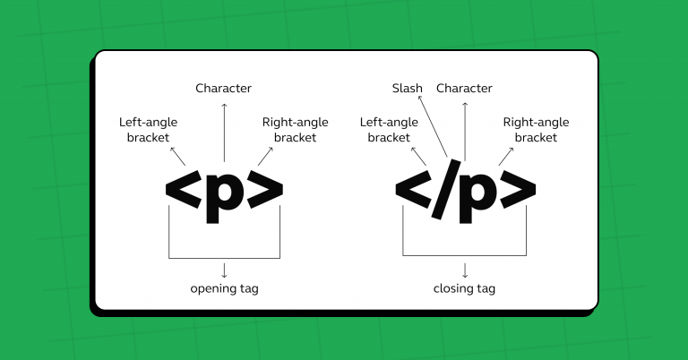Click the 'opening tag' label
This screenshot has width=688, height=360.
tap(224, 288)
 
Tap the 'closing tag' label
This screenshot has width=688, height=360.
tap(464, 288)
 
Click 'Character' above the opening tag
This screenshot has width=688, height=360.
tap(224, 88)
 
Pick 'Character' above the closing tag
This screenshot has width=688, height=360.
tap(464, 88)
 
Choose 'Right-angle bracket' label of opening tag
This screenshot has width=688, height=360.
tap(295, 130)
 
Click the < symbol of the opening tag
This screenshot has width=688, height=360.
tap(182, 187)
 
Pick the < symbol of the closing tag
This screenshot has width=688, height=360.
tap(411, 187)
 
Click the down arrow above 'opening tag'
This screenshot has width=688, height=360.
tap(224, 268)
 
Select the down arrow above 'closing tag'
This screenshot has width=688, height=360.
tap(465, 268)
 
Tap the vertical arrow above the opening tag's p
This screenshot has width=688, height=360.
tap(224, 130)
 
